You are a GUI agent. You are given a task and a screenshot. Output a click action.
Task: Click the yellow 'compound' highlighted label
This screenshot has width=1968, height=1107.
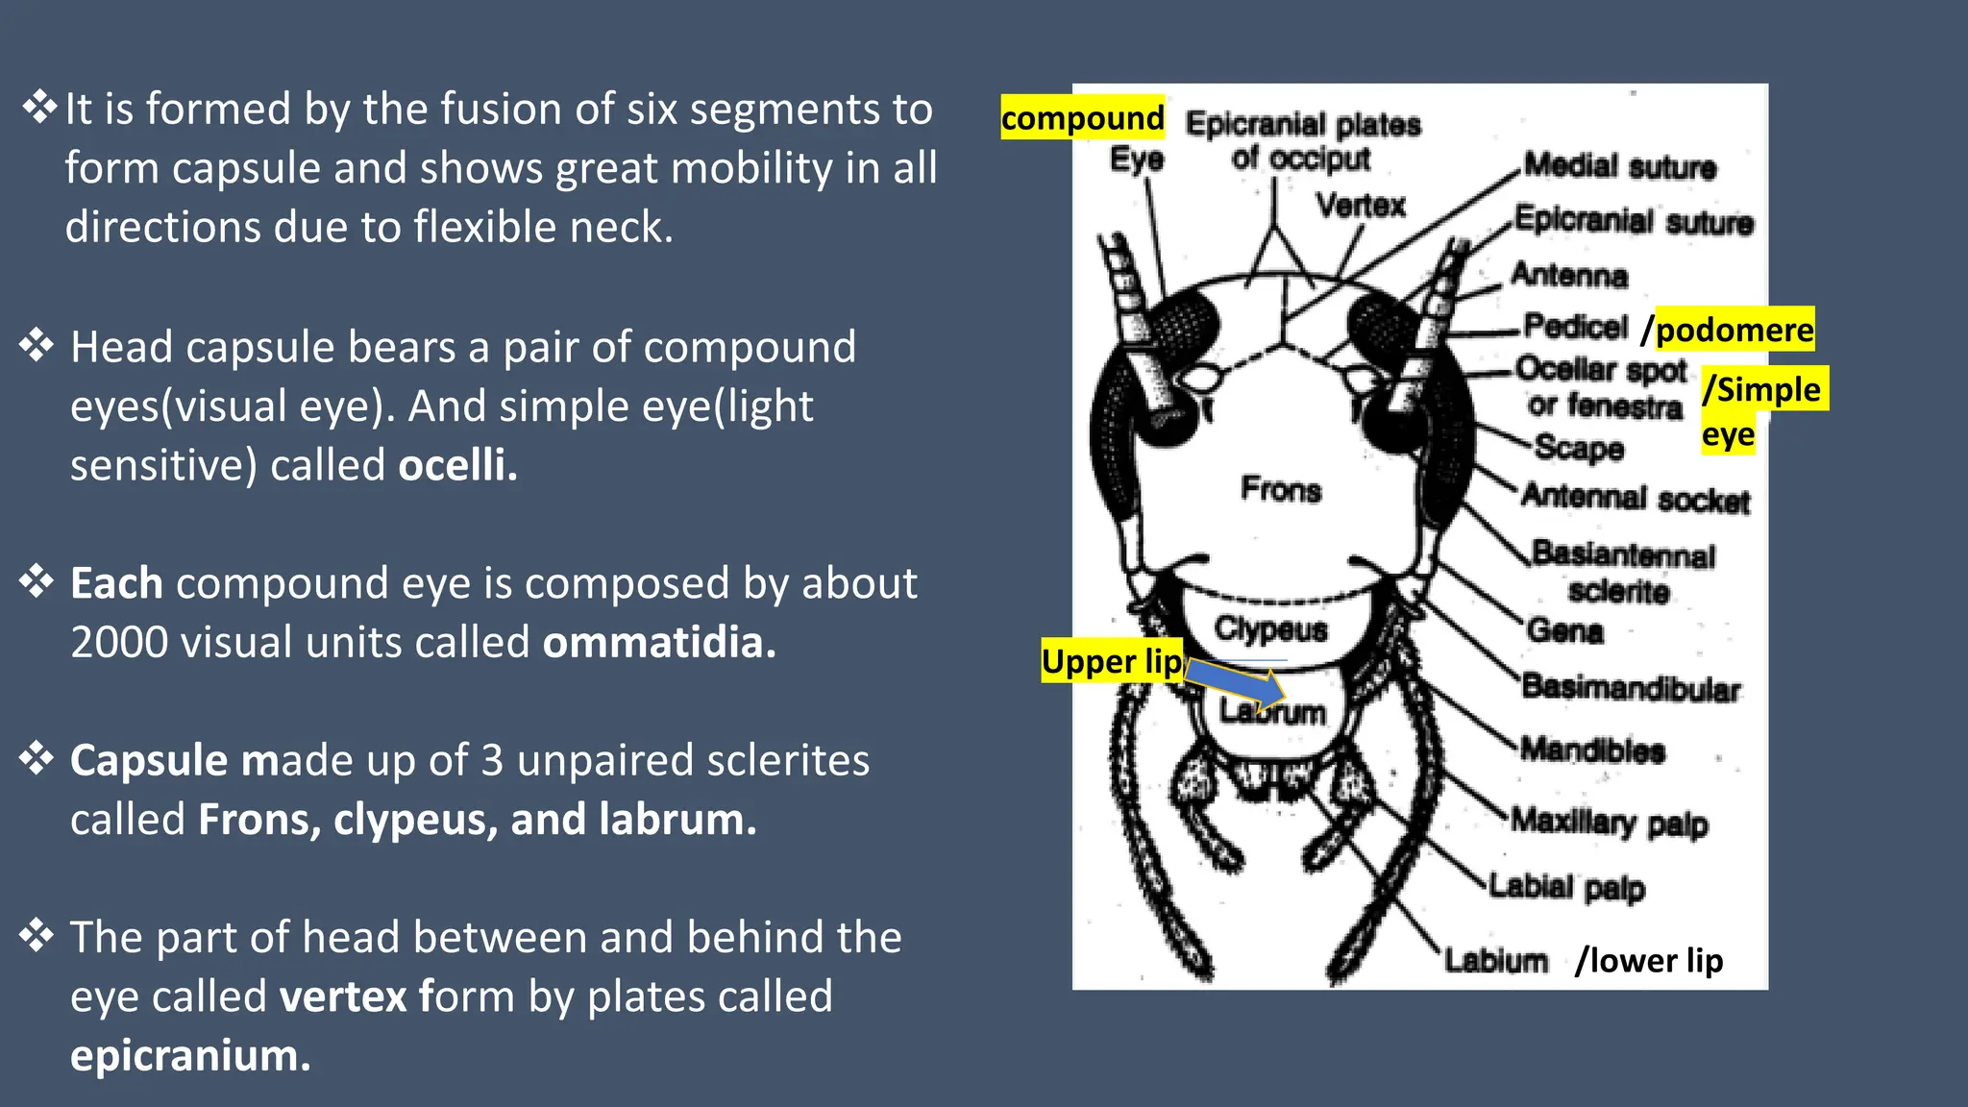(1082, 118)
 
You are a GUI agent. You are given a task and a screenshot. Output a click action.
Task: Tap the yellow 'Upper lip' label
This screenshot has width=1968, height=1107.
(1112, 661)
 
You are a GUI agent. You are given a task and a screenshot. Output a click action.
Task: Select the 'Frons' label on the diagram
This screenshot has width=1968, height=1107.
(1280, 489)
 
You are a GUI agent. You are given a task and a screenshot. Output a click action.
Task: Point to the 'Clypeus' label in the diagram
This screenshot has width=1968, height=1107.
(1270, 629)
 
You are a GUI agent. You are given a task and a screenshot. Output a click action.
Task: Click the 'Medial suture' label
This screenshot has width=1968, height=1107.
(1620, 166)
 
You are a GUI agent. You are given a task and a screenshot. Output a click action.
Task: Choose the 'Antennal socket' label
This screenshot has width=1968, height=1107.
(1636, 498)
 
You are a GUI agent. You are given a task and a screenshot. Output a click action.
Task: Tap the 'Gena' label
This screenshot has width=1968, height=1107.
(1565, 630)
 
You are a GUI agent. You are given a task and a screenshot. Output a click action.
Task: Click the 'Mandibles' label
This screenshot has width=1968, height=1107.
(1592, 750)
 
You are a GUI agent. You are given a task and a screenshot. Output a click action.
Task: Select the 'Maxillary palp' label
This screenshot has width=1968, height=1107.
(1610, 823)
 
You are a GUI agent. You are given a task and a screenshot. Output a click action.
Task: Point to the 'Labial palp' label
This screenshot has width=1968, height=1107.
(1567, 887)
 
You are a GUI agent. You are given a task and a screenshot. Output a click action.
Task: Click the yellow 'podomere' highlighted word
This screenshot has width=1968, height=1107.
(1734, 330)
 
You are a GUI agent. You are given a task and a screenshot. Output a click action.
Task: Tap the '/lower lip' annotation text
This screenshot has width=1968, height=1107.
(1649, 960)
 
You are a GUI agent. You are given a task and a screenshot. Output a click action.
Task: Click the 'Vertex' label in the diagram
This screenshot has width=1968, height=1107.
(1361, 205)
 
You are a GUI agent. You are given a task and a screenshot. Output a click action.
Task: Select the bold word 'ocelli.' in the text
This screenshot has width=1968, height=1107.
(457, 465)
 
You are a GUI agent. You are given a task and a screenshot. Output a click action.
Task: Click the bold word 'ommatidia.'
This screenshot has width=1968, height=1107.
(659, 642)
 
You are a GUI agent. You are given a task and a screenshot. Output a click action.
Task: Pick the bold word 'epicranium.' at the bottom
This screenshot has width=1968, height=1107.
(190, 1055)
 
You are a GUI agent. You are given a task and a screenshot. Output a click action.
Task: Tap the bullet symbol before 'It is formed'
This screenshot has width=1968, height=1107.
(39, 107)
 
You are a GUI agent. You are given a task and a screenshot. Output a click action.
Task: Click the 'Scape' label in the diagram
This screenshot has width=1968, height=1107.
(1579, 448)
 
